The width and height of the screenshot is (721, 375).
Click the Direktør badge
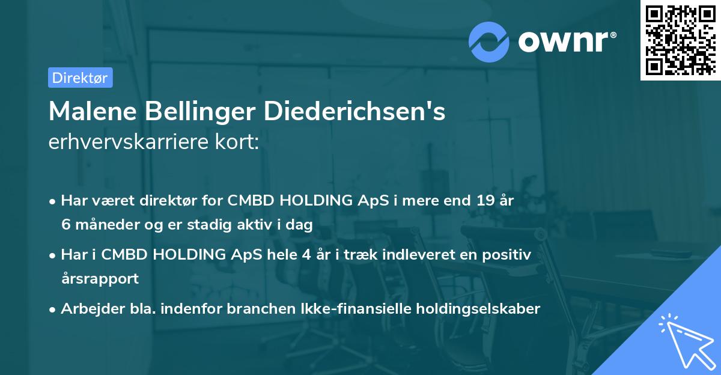(x=80, y=78)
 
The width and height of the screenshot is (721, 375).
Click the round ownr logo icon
(x=489, y=41)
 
